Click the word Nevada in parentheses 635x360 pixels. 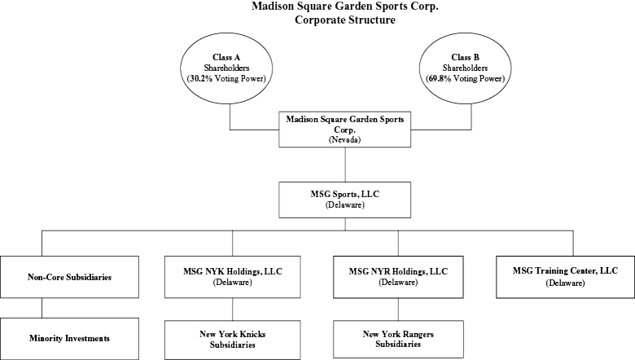coord(344,140)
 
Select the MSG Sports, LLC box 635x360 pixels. coord(344,200)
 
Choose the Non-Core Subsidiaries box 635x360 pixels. coord(69,277)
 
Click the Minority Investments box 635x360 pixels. coord(69,339)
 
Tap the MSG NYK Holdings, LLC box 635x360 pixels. coord(233,277)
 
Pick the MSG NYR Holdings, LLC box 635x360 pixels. coord(398,277)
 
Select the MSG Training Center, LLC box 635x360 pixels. coord(565,277)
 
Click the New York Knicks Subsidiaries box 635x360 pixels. coord(233,340)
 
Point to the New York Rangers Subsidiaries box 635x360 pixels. coord(398,340)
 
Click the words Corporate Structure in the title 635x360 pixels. coord(345,20)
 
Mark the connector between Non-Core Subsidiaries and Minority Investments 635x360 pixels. coord(42,308)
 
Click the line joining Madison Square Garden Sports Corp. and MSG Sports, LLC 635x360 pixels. coord(345,165)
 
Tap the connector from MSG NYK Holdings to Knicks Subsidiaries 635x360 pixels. coord(233,310)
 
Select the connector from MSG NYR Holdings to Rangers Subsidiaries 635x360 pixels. coord(398,310)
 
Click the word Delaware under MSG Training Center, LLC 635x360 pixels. coord(565,283)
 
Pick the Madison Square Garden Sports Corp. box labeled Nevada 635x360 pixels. coord(344,130)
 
